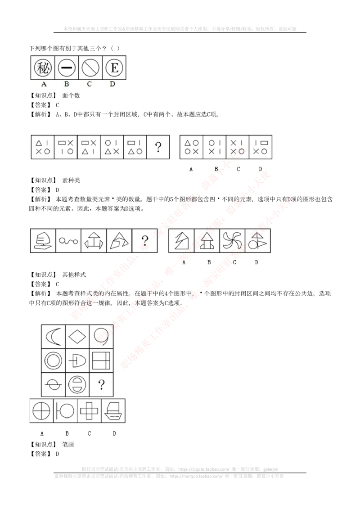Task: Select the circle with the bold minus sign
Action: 67,68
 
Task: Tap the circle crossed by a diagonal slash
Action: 90,68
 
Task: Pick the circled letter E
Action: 114,68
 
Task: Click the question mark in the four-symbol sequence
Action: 158,147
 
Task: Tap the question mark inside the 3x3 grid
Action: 101,384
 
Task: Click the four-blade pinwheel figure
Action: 233,240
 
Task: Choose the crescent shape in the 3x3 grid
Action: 53,336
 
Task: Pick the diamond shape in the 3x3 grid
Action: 77,336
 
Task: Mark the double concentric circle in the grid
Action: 53,360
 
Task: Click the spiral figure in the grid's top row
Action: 100,336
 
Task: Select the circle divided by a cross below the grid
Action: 42,411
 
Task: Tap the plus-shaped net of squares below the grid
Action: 89,410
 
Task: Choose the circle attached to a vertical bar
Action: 66,411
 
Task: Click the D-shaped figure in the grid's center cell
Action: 77,360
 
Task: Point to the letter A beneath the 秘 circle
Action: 44,84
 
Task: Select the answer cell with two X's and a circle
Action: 237,147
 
